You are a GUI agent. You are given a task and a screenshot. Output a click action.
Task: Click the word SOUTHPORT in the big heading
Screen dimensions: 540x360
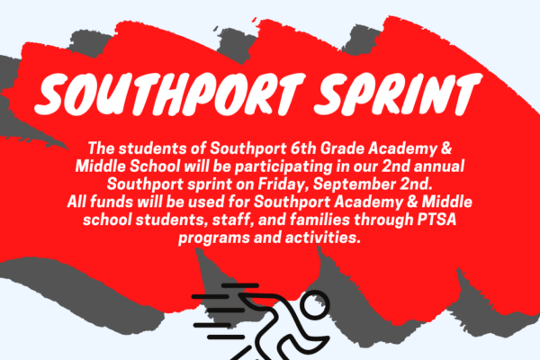(x=170, y=94)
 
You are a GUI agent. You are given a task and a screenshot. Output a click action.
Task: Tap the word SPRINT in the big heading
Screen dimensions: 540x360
(x=398, y=94)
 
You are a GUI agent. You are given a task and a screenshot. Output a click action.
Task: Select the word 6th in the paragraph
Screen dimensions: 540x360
(x=303, y=148)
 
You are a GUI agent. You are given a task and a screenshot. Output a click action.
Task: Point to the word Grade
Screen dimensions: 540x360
(x=342, y=148)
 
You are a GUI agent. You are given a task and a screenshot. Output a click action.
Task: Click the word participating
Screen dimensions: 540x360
(x=283, y=167)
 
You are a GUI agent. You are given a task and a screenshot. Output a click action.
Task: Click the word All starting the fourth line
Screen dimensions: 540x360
(x=76, y=202)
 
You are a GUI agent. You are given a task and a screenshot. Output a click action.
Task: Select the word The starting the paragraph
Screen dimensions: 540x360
(x=101, y=148)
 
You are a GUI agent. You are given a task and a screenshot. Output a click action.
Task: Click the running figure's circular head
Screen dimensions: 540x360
(x=314, y=303)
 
